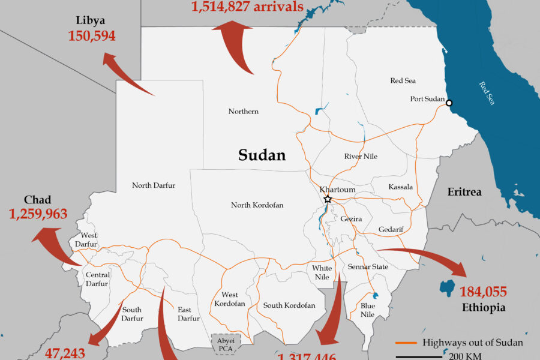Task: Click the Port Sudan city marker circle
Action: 449,103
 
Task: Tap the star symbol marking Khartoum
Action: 328,199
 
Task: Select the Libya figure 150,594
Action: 92,36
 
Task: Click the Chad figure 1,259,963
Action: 38,213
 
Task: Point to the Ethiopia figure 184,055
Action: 483,292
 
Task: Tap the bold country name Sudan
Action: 262,155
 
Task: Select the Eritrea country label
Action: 464,192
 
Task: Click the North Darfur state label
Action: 154,185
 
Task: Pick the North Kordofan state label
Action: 257,205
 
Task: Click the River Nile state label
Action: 361,157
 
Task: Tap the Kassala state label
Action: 400,187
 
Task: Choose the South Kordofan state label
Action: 289,305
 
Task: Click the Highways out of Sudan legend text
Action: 473,343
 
